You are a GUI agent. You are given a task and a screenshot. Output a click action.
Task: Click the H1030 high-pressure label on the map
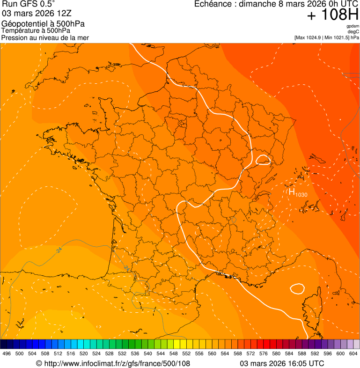tap(297, 192)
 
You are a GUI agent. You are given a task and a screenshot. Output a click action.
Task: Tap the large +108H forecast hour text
tap(333, 15)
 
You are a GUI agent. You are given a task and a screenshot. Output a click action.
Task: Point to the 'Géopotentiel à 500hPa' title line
tap(43, 24)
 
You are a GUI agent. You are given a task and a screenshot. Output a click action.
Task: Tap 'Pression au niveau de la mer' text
tap(45, 37)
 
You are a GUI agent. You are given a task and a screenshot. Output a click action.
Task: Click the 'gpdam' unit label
tap(353, 26)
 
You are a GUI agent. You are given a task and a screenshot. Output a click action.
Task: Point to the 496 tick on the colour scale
tap(7, 354)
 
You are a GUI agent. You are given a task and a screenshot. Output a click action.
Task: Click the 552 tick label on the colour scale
tap(186, 354)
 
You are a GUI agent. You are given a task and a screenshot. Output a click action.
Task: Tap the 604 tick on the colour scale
tap(353, 354)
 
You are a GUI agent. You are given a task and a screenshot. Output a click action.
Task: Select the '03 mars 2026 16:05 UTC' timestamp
tap(282, 363)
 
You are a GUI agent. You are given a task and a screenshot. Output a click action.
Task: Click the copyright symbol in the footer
tap(39, 363)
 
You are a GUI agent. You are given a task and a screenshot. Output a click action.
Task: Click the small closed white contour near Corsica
tap(297, 288)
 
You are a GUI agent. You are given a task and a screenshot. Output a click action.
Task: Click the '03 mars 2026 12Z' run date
tap(37, 14)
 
